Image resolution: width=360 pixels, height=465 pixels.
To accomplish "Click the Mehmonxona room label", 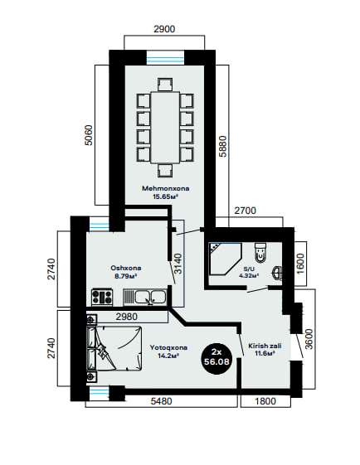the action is (x=166, y=188).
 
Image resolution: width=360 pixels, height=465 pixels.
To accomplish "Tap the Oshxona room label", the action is (x=126, y=268).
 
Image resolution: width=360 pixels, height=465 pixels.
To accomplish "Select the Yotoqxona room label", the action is (x=168, y=347).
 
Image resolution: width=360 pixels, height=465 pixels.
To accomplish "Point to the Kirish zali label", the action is (x=265, y=346).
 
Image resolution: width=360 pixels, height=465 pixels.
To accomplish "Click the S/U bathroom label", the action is (x=250, y=269).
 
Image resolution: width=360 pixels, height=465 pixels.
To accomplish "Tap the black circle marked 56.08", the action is (x=216, y=357).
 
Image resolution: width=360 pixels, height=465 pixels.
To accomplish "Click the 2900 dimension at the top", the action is (x=164, y=29).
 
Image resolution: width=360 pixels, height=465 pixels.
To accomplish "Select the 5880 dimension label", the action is (x=222, y=146).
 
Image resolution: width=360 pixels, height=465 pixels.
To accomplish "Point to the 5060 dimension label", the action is (x=89, y=135).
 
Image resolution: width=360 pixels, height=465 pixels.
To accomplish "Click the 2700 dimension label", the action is (x=246, y=211).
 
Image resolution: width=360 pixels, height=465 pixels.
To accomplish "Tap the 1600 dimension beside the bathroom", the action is (x=300, y=264).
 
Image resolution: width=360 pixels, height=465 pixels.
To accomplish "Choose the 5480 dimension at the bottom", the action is (x=162, y=401).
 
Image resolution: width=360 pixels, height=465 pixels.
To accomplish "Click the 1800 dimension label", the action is (x=265, y=401).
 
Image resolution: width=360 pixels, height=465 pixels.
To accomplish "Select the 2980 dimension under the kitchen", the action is (x=127, y=317).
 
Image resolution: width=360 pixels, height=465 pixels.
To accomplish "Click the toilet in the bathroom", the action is (x=260, y=253).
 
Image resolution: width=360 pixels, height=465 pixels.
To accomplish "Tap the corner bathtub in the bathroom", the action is (x=225, y=259).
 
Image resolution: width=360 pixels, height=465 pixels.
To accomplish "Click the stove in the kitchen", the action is (x=102, y=297).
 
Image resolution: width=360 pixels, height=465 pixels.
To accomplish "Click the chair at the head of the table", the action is (x=165, y=84).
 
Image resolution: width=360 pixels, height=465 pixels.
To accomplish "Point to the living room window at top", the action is (x=166, y=57).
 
